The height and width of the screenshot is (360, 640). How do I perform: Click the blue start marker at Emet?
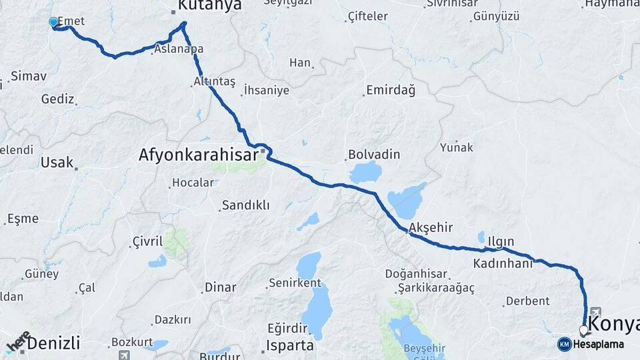point(53,22)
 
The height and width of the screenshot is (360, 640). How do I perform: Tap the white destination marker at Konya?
point(583,329)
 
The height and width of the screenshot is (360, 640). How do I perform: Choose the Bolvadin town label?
point(374,155)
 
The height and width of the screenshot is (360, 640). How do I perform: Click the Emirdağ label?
point(391,90)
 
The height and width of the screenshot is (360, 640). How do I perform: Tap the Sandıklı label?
point(245,205)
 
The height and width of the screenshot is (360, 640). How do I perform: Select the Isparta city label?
point(290,345)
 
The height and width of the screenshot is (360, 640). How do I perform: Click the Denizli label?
point(54,343)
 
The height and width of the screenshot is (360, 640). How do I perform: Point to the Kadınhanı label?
point(503,263)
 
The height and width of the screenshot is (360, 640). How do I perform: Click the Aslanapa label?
point(178,49)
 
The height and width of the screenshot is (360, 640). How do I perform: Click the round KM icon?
point(565,344)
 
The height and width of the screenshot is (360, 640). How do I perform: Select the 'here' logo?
point(18,341)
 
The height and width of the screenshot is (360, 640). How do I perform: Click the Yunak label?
point(456,147)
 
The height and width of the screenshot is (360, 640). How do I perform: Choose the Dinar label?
point(220,287)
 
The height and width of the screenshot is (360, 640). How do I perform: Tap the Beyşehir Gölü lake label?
point(418,351)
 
